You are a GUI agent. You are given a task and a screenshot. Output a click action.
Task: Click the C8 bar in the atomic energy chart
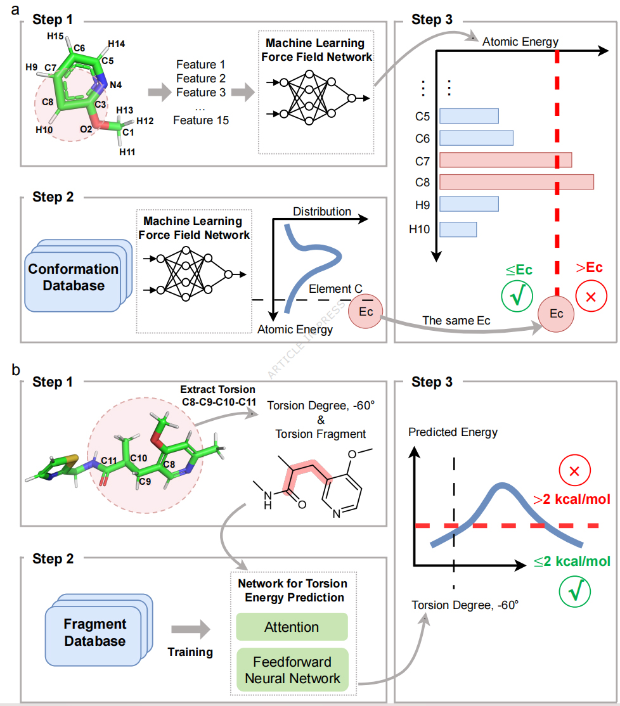point(517,182)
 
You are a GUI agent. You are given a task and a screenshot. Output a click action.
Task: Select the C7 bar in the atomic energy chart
point(506,160)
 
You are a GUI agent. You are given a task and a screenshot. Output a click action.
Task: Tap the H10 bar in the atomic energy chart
point(458,229)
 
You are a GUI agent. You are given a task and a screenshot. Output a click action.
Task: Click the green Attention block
point(292,627)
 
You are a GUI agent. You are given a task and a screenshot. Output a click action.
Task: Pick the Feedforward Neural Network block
point(292,670)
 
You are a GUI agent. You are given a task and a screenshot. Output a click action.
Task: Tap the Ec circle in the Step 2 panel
point(365,312)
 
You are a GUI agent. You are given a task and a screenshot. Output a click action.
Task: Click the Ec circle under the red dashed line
point(556,314)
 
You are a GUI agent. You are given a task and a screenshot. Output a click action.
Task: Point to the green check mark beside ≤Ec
point(517,296)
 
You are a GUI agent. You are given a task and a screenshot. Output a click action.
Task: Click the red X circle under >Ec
point(591,296)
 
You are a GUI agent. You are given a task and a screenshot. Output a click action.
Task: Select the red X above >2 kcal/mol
point(574,471)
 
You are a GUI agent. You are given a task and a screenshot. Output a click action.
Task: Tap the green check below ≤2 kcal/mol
point(574,592)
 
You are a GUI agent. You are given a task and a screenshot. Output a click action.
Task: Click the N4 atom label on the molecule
point(116,85)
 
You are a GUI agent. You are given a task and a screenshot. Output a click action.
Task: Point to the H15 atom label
point(55,36)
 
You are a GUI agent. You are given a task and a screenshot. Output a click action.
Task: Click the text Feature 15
point(201,120)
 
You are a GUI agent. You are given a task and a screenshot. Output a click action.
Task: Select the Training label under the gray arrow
point(190,652)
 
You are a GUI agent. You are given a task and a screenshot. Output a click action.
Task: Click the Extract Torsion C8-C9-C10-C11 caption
point(218,395)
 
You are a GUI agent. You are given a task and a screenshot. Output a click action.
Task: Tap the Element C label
point(335,288)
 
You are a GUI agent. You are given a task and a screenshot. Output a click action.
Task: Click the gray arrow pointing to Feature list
point(160,92)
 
